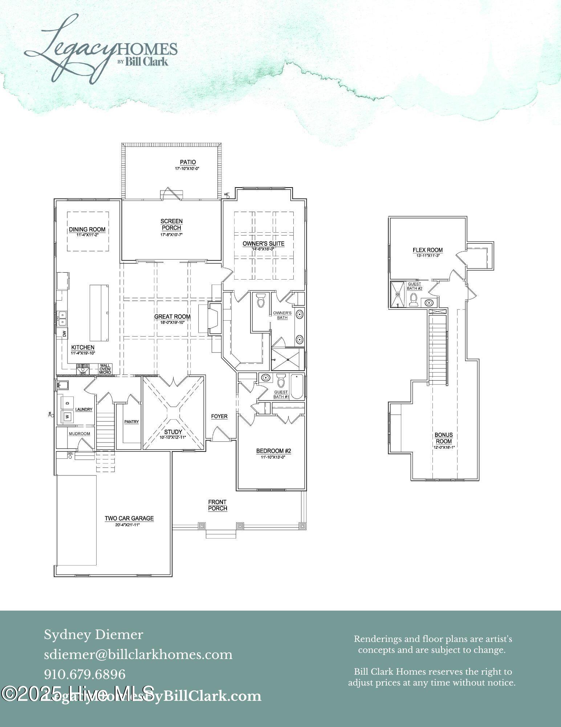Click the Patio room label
coord(188,162)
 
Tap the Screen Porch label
coord(171,224)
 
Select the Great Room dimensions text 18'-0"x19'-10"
coord(172,322)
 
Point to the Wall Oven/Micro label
coord(105,369)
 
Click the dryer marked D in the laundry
coord(67,402)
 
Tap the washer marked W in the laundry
coord(67,417)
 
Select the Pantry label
coord(131,422)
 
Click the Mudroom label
coord(80,434)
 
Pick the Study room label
coord(173,432)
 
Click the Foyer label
coord(219,416)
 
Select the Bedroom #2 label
coord(274,451)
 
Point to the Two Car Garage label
coord(129,518)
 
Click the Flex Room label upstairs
coord(428,250)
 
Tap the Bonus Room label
coord(444,438)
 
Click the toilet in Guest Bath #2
coord(413,300)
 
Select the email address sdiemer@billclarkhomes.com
coord(138,655)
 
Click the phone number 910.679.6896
coord(85,674)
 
